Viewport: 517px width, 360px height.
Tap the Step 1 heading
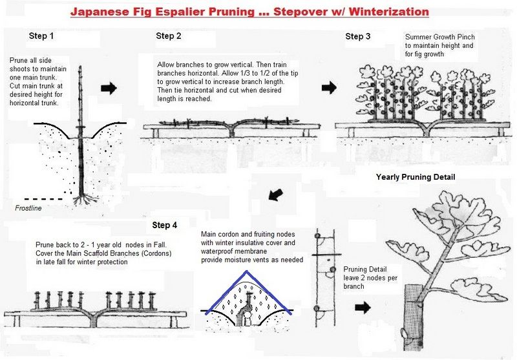coord(41,36)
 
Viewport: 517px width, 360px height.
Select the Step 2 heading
coord(169,36)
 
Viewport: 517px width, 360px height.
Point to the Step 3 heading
coord(358,36)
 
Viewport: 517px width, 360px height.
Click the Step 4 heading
coord(165,225)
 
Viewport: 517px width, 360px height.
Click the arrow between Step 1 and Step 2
coord(109,88)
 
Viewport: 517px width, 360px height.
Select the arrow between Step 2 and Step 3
coord(329,87)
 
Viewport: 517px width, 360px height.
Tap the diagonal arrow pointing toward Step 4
coord(276,195)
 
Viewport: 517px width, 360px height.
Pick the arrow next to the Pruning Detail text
coord(363,308)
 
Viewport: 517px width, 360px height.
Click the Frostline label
coord(28,208)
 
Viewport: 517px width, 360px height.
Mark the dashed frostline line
coord(43,199)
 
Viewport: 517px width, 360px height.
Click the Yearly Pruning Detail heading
coord(416,177)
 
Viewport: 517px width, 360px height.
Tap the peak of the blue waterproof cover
coord(246,271)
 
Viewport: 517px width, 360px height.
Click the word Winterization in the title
coord(389,12)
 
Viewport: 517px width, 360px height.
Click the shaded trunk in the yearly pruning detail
coord(414,317)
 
